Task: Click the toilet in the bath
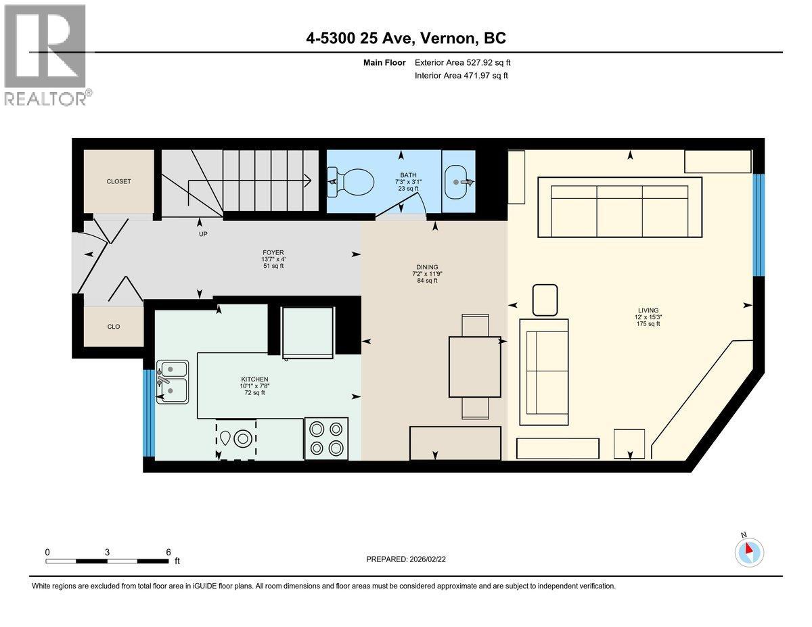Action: coord(353,181)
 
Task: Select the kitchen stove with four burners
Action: coord(326,438)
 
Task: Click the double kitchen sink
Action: coord(173,381)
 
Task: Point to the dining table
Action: coord(475,366)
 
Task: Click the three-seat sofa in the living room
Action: coord(620,207)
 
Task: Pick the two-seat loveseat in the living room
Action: coord(544,372)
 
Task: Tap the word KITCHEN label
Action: coord(255,379)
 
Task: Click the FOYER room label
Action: coord(273,252)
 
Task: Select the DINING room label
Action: coord(427,267)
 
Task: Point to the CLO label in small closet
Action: coord(114,327)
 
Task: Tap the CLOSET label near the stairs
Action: coord(118,181)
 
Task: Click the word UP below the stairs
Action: coord(203,234)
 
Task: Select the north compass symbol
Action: coord(749,551)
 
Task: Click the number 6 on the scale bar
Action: coord(168,552)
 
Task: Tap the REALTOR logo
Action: coord(46,54)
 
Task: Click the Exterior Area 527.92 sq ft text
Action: coord(462,62)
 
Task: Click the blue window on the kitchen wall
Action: coord(149,413)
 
